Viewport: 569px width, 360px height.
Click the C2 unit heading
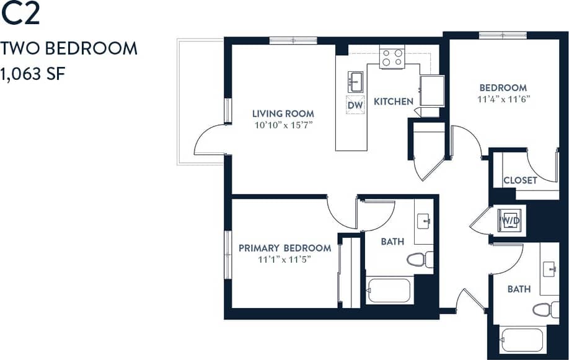pos(20,14)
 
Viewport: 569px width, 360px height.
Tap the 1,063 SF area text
pos(33,74)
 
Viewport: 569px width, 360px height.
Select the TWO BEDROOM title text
pos(69,48)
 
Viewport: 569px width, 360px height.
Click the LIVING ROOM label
pos(283,113)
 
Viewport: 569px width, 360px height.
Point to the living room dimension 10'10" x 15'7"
pos(283,125)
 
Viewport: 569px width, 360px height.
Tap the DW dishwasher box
pos(355,105)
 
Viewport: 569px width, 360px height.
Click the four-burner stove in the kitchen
pos(392,58)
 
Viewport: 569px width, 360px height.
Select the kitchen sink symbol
pos(355,81)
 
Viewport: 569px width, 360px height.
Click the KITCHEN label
pos(393,102)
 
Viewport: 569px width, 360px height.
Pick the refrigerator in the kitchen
pos(431,91)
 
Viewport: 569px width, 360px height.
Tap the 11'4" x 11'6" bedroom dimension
pos(503,99)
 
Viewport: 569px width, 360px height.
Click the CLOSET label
pos(520,180)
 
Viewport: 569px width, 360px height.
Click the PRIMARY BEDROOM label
pos(284,248)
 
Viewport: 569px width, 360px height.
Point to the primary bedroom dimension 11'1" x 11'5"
pos(284,259)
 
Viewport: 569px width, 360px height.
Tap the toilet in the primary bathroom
pos(420,259)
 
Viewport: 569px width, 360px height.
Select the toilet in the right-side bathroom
pos(545,309)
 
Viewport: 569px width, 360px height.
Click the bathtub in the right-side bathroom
pos(522,340)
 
